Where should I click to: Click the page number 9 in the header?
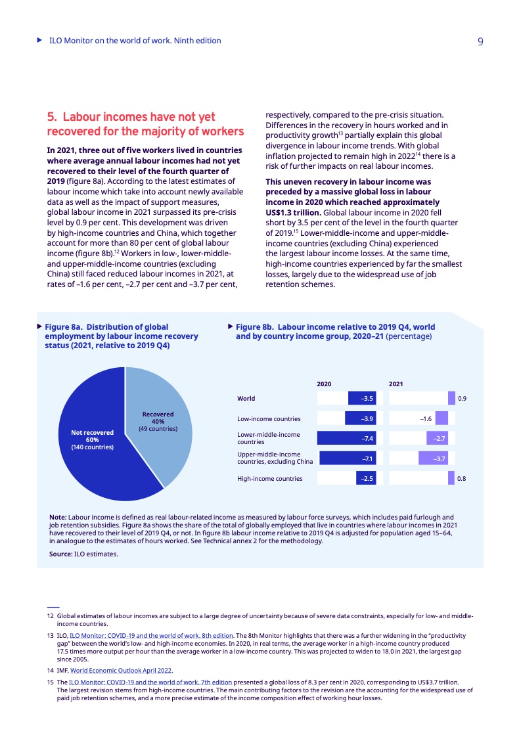(480, 41)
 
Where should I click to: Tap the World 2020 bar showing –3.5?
(361, 398)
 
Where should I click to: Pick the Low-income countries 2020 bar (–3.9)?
(360, 418)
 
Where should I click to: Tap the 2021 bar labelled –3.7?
(436, 458)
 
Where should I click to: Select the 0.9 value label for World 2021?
(462, 398)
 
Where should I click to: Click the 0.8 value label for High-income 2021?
(461, 479)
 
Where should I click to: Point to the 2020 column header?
(324, 383)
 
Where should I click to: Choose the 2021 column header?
(396, 383)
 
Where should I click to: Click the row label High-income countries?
(269, 479)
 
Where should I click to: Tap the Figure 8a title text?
(122, 336)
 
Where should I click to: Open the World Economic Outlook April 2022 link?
(121, 671)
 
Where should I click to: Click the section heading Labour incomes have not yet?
(131, 117)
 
